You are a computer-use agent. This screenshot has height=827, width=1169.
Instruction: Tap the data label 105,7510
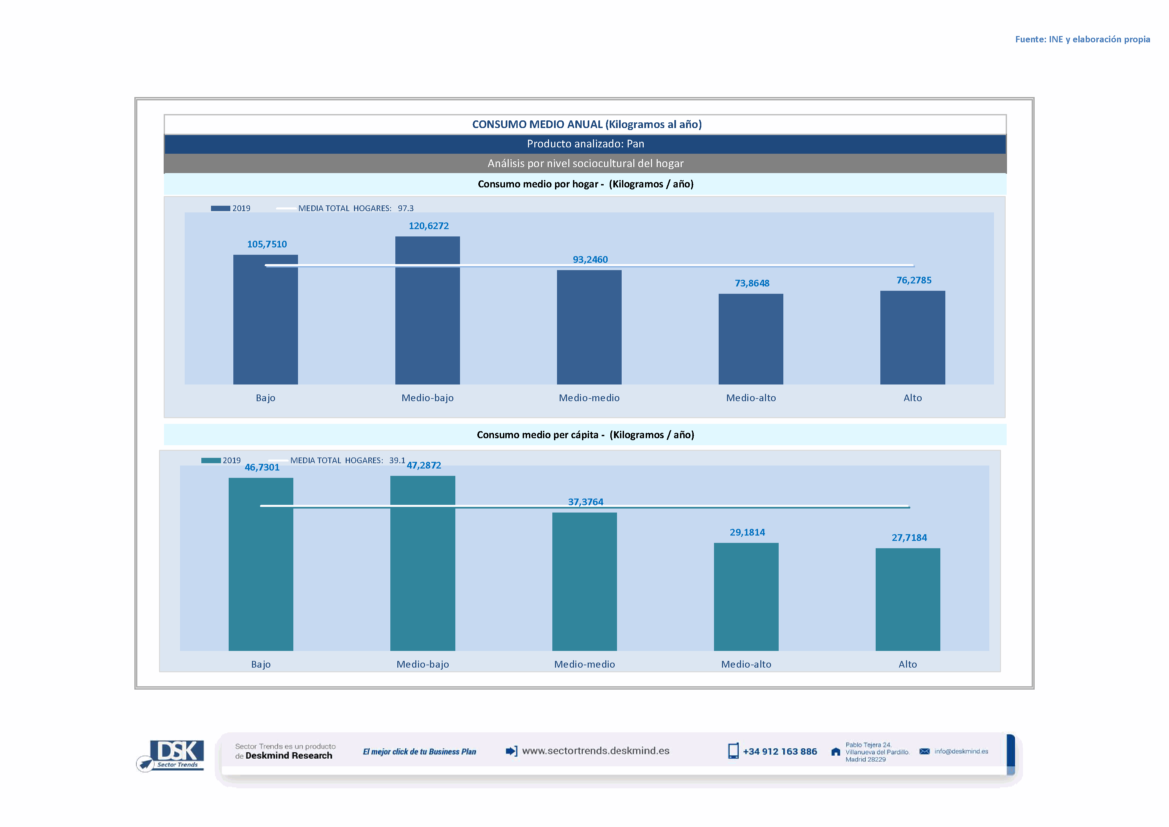[x=267, y=244]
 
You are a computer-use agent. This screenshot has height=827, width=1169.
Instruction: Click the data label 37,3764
[x=586, y=502]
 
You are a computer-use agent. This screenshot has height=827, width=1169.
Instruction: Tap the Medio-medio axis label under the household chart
[x=589, y=398]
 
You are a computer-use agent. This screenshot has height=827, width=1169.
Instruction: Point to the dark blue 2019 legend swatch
[x=220, y=208]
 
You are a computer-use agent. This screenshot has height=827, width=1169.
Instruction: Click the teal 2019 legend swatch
[x=211, y=460]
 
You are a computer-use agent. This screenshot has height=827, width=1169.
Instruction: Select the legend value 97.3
[x=406, y=208]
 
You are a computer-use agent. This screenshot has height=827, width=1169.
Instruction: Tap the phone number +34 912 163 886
[x=780, y=752]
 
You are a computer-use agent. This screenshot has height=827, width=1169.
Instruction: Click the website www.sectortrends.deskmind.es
[x=596, y=751]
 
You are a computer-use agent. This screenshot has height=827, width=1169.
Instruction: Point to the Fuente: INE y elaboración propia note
[x=1082, y=39]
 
